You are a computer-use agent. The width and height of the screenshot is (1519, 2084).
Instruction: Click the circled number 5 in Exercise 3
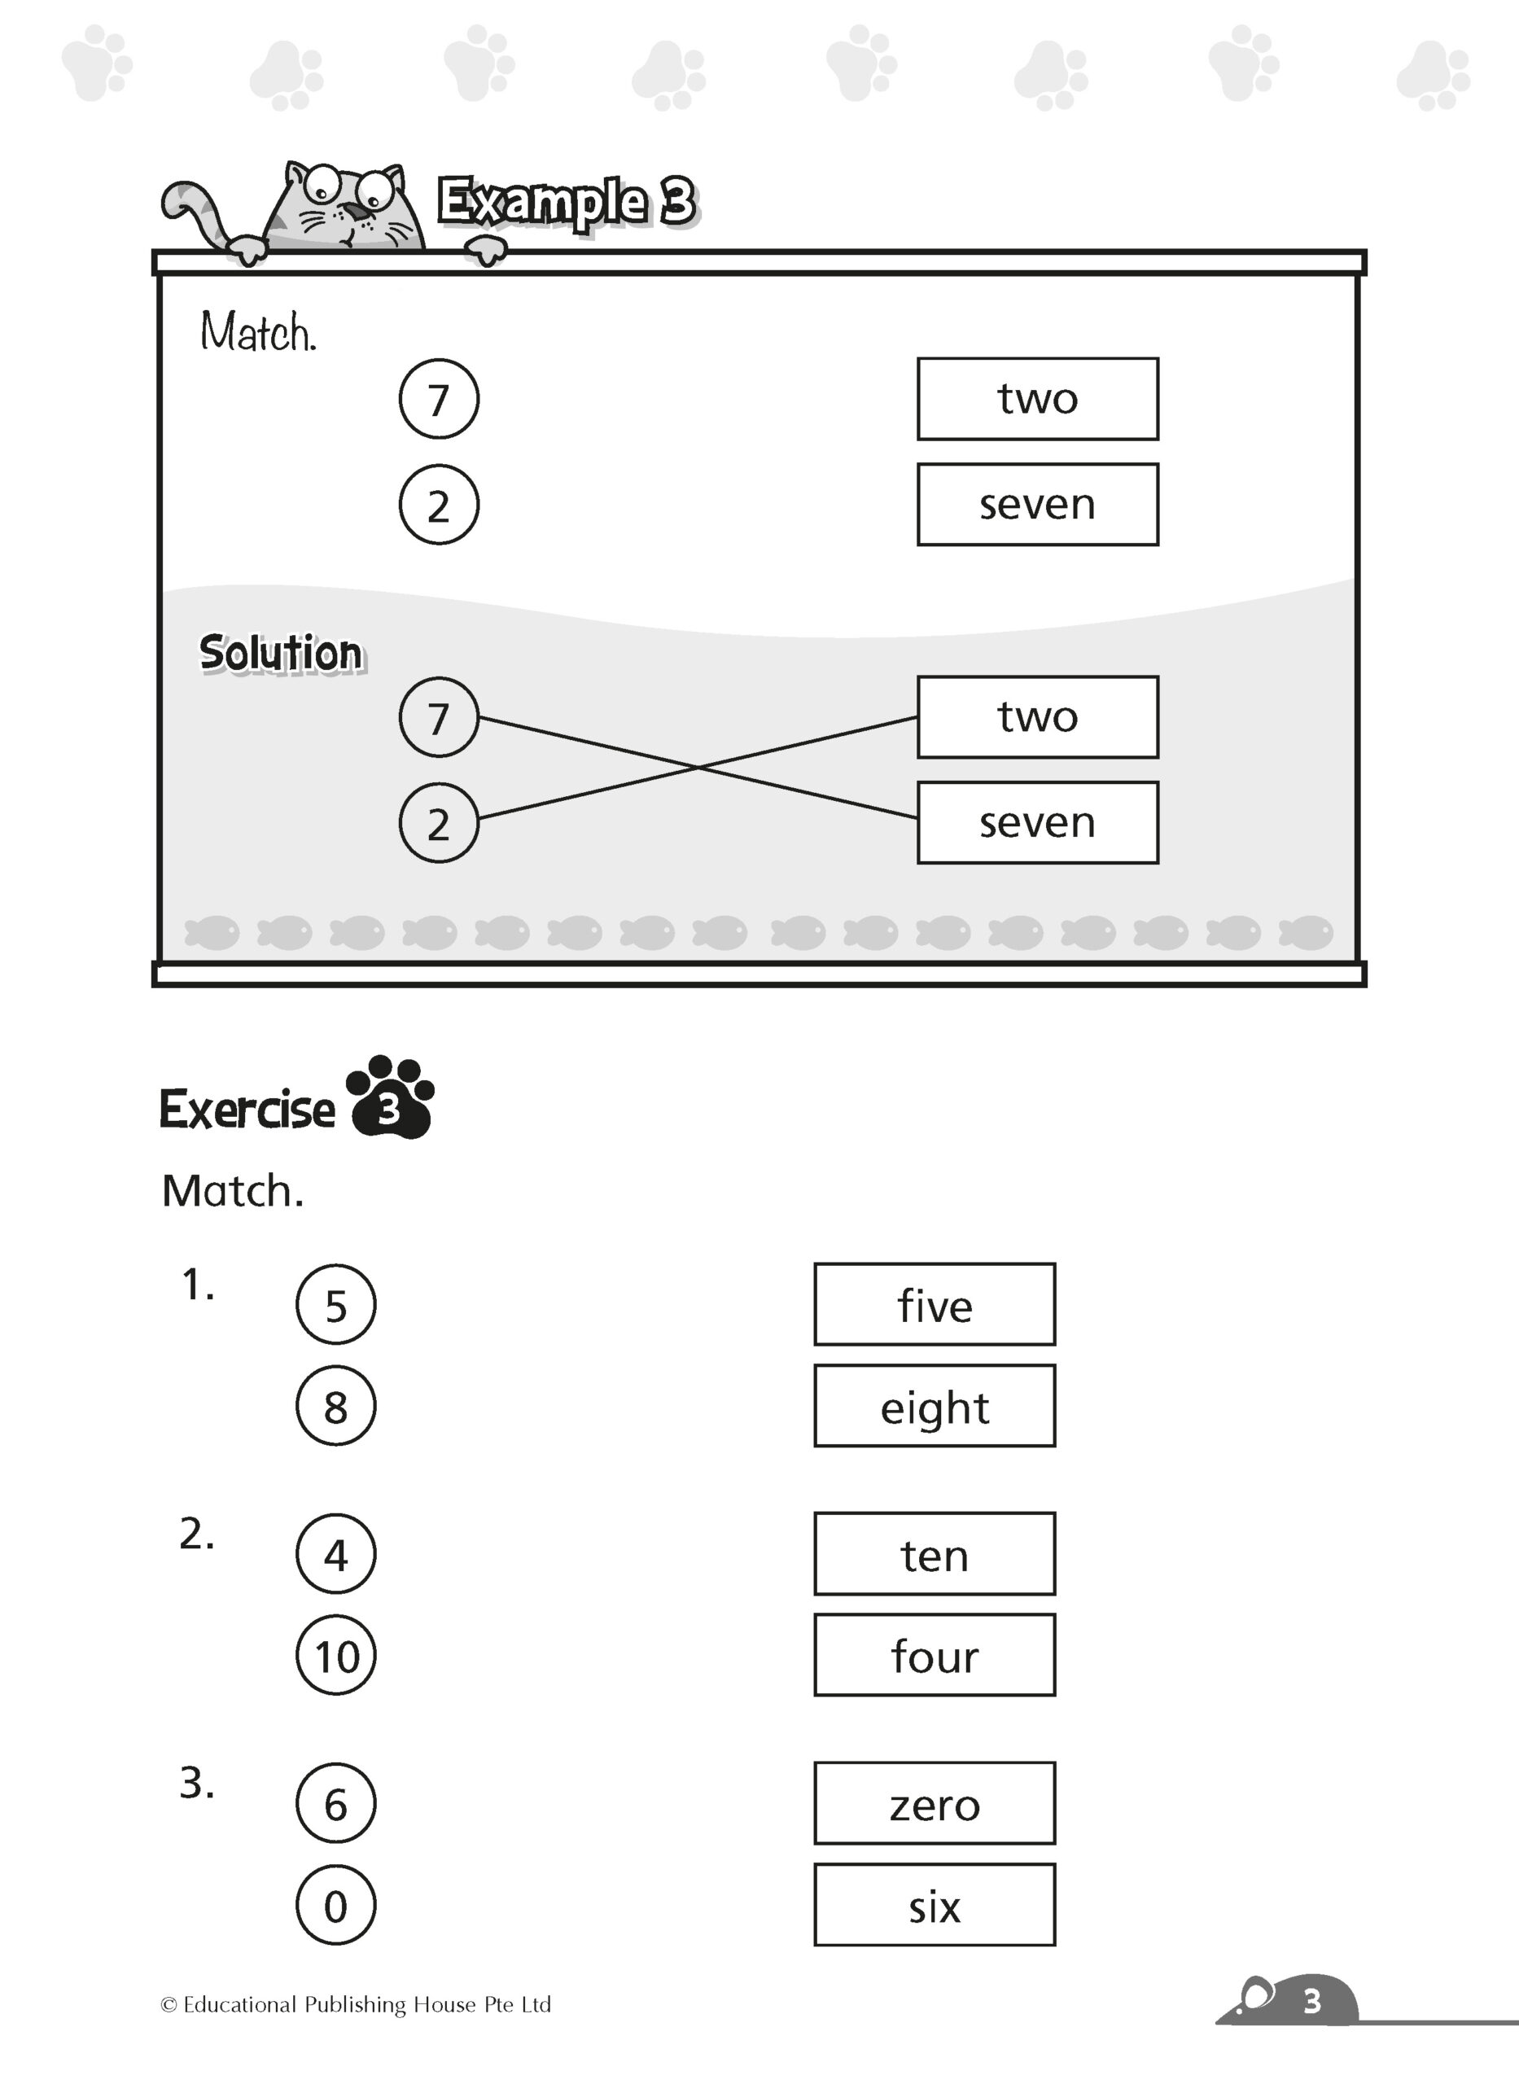[335, 1304]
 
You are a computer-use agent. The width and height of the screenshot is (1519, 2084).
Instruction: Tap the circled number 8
[335, 1406]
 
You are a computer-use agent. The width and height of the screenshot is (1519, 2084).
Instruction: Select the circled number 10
[335, 1655]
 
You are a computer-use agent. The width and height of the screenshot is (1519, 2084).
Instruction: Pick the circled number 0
[335, 1905]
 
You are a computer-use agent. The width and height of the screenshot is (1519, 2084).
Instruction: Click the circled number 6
[335, 1802]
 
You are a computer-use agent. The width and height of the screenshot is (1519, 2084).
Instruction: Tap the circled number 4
[335, 1553]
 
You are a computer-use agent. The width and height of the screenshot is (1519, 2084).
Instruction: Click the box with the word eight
[935, 1406]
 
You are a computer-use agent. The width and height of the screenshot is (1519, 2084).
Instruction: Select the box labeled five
[935, 1304]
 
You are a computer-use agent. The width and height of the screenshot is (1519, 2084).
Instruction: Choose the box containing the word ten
[935, 1553]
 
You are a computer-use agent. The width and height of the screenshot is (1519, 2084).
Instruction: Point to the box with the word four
[935, 1655]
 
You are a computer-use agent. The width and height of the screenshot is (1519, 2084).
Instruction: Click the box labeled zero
[935, 1802]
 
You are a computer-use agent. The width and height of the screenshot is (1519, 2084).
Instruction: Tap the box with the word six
[935, 1905]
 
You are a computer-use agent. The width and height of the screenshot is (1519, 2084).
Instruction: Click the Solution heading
[282, 654]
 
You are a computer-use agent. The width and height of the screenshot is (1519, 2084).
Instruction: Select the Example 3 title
[567, 201]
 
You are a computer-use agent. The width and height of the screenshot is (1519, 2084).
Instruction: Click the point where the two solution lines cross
[698, 767]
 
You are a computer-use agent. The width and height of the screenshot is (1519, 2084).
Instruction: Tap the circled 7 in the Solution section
[439, 717]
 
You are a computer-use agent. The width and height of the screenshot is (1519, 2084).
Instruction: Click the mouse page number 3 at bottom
[1311, 2001]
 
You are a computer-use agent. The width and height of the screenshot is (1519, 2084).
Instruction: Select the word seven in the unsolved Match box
[1037, 505]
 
